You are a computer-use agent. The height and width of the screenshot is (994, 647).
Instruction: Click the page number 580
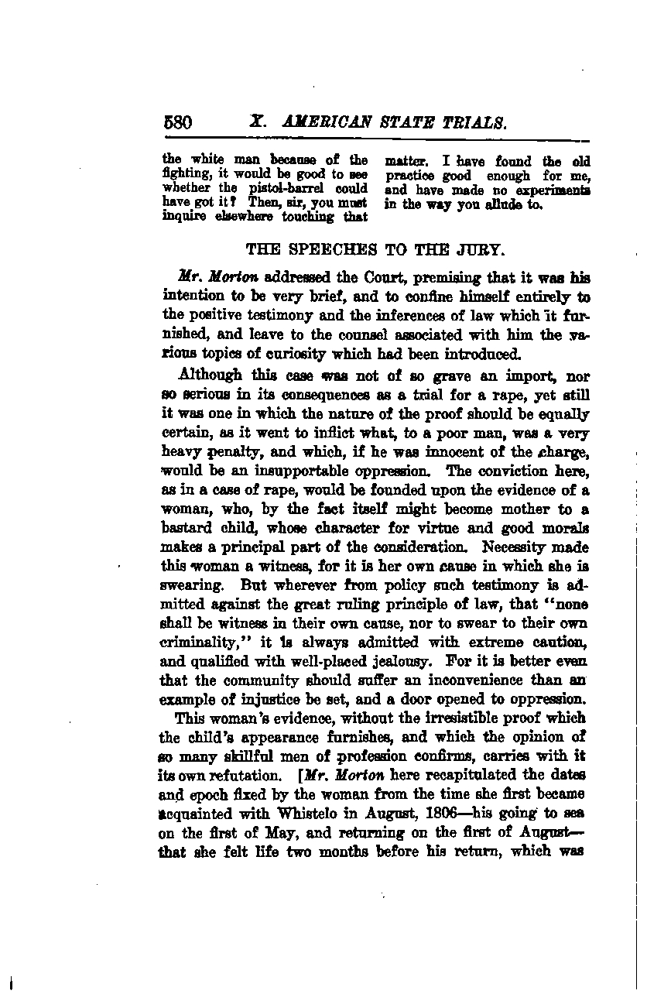[177, 122]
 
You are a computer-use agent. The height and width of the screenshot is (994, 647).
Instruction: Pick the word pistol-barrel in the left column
[272, 189]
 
